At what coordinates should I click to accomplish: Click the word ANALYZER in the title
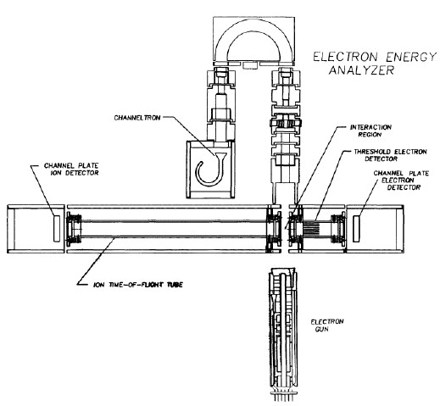coord(361,70)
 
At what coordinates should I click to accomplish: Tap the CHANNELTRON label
coord(137,118)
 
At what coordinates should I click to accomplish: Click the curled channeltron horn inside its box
coord(210,170)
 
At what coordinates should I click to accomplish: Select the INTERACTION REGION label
coord(370,131)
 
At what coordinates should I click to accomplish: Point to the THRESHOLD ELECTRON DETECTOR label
coord(390,155)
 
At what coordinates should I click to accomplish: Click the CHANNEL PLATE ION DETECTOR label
coord(71,169)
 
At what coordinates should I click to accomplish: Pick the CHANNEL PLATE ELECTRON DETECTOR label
coord(401,180)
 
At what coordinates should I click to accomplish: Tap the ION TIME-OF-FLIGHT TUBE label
coord(138,285)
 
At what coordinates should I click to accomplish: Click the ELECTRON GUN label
coord(327,325)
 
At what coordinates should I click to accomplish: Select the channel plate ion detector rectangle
coord(57,228)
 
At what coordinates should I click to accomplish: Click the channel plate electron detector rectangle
coord(356,228)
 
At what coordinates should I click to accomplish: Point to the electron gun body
coord(283,329)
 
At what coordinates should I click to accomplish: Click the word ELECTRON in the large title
coord(345,57)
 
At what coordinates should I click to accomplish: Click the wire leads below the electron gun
coord(283,396)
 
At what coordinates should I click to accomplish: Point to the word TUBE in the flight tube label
coord(175,285)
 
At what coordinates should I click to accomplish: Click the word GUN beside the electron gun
coord(321,329)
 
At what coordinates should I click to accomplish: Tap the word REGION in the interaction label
coord(370,135)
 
